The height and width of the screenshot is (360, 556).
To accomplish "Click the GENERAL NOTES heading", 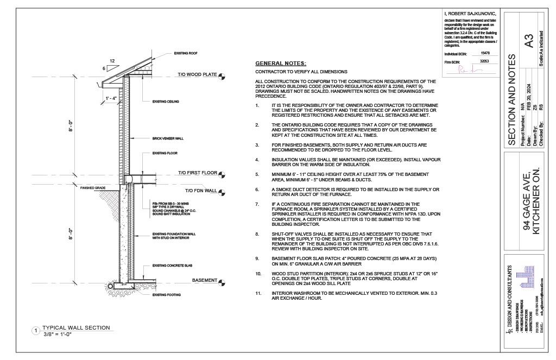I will click(x=281, y=64).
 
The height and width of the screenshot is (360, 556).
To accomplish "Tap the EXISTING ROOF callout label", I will click(x=185, y=53).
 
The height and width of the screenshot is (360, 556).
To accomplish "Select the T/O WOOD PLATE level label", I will click(x=197, y=74).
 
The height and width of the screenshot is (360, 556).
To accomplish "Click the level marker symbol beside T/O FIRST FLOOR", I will click(x=222, y=174).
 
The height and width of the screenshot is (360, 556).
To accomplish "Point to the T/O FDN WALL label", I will click(x=201, y=191).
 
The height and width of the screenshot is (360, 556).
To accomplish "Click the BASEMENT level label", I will click(x=204, y=280).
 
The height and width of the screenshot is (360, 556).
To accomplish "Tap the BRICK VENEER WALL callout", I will click(x=168, y=138).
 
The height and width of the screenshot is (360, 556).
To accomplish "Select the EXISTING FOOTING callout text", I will click(x=166, y=295).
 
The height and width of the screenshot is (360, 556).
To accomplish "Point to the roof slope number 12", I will click(x=112, y=60).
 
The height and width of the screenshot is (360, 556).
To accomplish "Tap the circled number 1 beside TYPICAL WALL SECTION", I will click(x=36, y=330).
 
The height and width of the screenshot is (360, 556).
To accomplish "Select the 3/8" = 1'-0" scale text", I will click(x=58, y=334).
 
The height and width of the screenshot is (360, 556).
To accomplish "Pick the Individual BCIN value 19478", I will click(x=485, y=53).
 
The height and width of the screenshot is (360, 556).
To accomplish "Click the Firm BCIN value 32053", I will click(x=485, y=61).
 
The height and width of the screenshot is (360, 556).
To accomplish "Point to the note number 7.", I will click(x=257, y=204).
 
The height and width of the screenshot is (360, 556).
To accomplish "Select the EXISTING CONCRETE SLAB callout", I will click(x=170, y=267).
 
